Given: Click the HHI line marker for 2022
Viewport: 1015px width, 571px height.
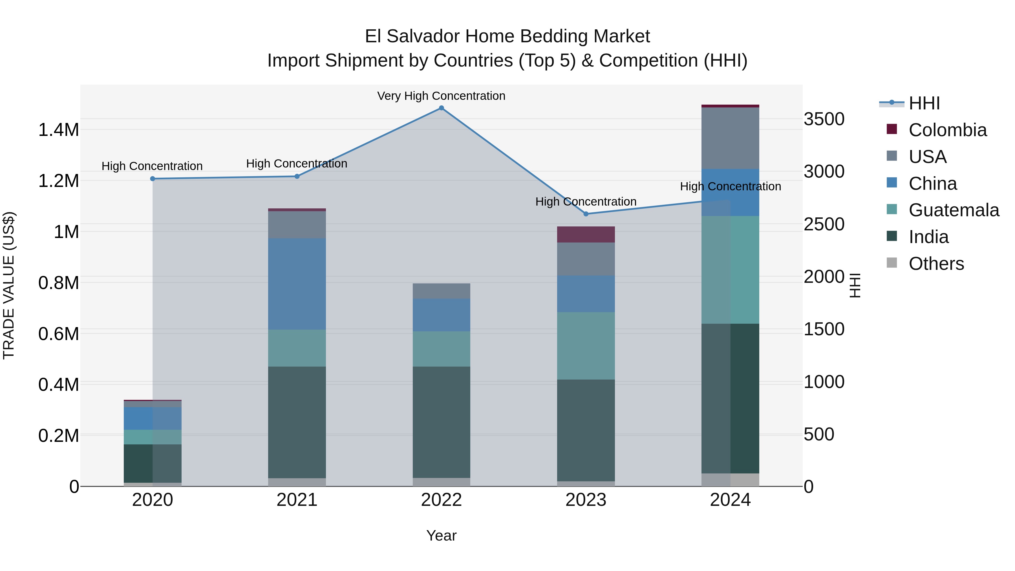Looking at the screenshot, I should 441,108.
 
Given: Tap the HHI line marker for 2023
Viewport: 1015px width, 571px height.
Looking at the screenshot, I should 586,214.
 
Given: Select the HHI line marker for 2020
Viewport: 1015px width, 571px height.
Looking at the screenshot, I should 153,179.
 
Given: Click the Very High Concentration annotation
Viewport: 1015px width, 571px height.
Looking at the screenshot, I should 441,96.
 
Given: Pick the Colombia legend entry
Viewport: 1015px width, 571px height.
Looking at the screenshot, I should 948,130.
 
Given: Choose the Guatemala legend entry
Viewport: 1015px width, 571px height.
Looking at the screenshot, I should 954,210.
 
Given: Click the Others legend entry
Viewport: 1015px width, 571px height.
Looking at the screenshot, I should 936,264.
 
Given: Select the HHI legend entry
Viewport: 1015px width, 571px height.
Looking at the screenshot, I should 924,103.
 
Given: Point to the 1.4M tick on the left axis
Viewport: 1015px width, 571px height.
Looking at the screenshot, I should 59,130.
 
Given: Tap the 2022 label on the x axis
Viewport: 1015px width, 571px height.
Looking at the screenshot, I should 441,500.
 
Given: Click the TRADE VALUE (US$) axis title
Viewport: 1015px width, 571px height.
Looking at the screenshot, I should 9,285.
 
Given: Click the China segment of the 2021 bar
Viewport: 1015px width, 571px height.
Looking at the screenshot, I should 297,284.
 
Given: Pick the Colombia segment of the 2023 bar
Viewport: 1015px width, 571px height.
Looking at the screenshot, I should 586,235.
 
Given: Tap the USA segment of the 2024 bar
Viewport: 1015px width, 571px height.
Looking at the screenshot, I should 730,138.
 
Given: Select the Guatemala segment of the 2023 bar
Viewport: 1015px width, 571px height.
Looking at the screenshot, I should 586,346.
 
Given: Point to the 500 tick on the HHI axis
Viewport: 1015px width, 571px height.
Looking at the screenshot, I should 819,434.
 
